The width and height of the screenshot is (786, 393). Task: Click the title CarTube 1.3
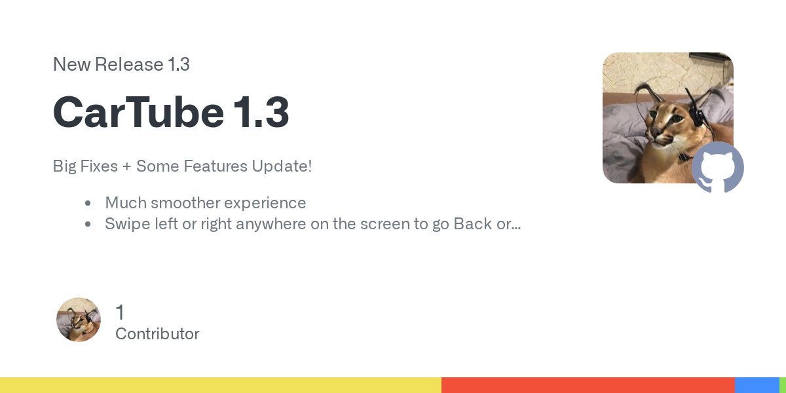point(171,113)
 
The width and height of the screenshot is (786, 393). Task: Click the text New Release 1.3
point(121,65)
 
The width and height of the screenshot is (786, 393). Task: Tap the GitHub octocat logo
point(718,167)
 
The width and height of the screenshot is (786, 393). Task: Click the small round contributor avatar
point(79,320)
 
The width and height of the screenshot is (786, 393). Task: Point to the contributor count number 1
point(119,312)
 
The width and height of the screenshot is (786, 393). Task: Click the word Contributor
point(157,334)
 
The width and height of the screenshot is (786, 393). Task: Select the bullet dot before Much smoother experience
point(88,204)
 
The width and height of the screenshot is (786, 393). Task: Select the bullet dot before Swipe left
point(88,225)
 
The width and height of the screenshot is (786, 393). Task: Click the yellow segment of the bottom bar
point(220,385)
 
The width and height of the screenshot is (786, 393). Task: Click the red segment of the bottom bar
point(588,385)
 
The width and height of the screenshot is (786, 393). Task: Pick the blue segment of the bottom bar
point(757,385)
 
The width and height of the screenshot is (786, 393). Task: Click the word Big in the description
point(64,166)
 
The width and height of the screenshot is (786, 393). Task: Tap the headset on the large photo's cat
point(698,118)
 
